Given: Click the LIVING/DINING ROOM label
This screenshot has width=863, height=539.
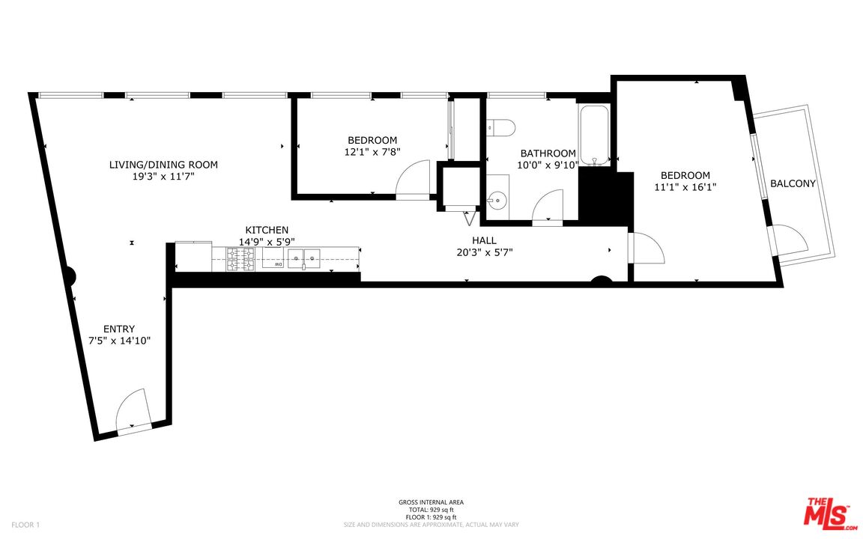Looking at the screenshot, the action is point(163,165).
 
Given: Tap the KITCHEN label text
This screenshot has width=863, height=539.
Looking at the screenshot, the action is point(267,230).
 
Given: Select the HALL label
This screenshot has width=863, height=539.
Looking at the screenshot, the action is point(485,240).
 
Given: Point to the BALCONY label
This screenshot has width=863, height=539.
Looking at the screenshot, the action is point(793,183).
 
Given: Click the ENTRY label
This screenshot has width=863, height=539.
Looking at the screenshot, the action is point(119,329).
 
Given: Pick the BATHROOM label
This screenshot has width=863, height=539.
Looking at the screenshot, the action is point(548,153).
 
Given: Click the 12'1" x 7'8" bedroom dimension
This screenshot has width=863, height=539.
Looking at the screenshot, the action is point(372,152).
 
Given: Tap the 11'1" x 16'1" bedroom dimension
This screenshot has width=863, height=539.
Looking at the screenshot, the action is point(685,187).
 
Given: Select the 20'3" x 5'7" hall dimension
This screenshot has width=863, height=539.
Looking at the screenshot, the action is point(485,252).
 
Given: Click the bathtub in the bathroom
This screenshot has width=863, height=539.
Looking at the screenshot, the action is point(594,134).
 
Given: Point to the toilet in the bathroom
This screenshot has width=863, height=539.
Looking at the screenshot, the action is point(500,127).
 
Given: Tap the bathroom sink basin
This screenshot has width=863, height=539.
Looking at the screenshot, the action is point(497,198).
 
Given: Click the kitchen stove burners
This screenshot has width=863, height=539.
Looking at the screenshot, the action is point(241,260).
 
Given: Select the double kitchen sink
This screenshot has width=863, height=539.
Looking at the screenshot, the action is point(303,258).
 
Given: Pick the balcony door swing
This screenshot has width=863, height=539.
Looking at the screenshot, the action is point(791,238).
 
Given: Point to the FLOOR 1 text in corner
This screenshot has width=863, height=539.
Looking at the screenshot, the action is point(26,525).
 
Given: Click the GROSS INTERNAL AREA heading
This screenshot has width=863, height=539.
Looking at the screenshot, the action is point(431,502).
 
